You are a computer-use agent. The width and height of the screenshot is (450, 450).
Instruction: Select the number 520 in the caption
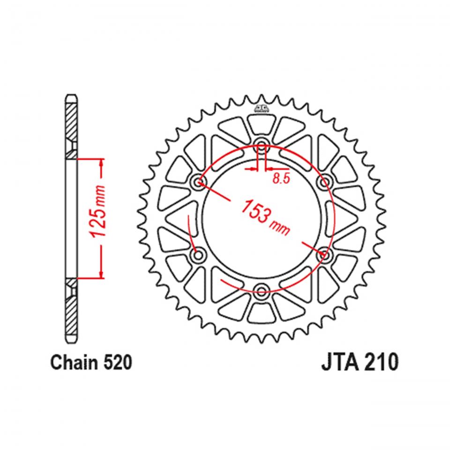pyautogui.click(x=113, y=362)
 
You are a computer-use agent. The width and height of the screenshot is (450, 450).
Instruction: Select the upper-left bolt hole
pyautogui.click(x=199, y=181)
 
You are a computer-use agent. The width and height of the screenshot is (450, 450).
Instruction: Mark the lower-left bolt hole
pyautogui.click(x=199, y=255)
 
